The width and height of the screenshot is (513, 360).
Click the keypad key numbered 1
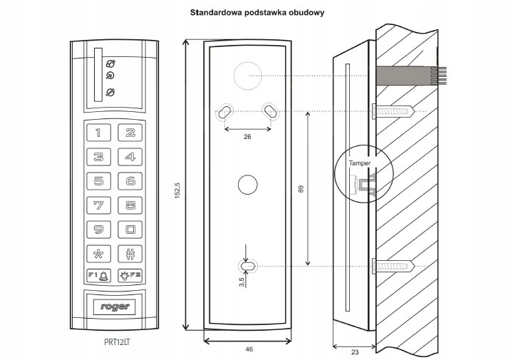click(98, 133)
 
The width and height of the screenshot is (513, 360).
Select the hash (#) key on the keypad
click(130, 253)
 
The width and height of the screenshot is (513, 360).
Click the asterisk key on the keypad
click(98, 253)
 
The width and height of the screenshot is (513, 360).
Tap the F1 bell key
click(98, 275)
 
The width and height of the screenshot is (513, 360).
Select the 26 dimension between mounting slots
click(247, 135)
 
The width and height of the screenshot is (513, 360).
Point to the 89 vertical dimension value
click(301, 190)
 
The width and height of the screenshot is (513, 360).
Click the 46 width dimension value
click(247, 349)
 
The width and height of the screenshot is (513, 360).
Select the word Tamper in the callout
click(360, 164)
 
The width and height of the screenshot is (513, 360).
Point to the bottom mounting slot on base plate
click(247, 266)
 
